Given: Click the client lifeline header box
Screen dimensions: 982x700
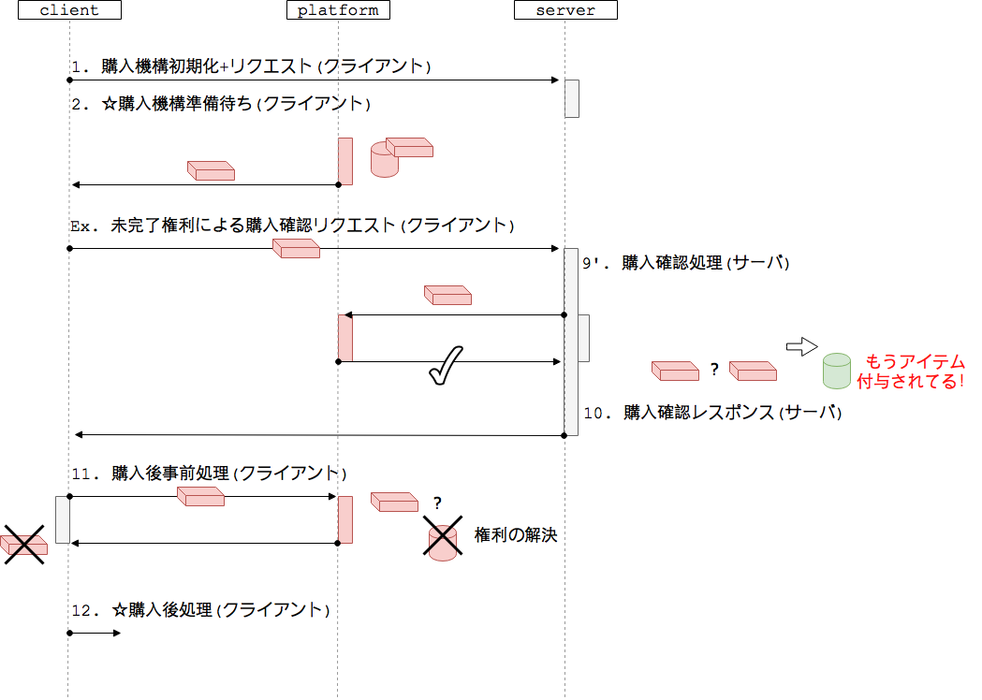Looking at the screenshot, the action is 69,10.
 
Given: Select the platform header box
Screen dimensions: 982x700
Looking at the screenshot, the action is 338,10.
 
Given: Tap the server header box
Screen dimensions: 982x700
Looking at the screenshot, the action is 565,10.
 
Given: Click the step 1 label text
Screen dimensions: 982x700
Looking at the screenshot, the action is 251,66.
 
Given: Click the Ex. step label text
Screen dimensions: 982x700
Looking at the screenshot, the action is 292,226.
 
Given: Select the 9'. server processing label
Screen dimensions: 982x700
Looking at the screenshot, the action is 686,263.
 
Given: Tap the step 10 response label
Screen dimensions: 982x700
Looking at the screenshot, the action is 712,412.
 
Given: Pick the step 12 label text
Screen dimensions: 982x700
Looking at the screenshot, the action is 201,610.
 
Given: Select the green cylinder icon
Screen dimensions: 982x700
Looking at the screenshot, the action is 836,372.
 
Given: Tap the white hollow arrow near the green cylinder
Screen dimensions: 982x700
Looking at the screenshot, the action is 801,346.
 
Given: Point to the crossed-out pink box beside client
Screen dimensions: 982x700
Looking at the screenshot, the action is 23,544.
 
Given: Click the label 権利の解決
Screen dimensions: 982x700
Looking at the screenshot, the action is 516,535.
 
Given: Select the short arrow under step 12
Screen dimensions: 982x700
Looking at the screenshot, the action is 95,634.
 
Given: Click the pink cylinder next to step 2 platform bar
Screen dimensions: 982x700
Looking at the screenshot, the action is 384,160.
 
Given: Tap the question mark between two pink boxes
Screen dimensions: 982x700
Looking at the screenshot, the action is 714,370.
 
